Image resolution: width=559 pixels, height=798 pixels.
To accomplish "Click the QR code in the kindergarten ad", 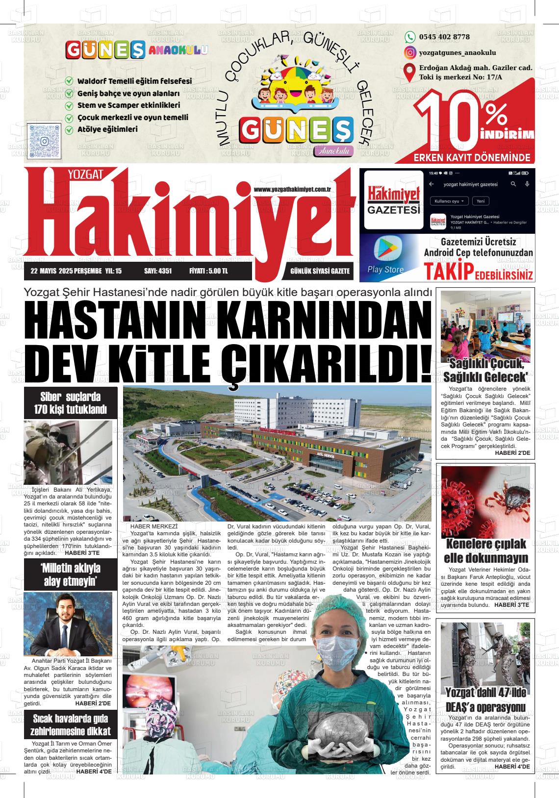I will pyautogui.click(x=45, y=140).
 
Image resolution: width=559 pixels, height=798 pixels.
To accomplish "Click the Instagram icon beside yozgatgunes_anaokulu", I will pyautogui.click(x=409, y=52).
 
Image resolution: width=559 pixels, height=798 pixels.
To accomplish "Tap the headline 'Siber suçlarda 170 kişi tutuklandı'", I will pyautogui.click(x=71, y=403).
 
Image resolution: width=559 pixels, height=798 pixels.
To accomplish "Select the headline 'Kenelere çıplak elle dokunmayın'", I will pyautogui.click(x=485, y=551).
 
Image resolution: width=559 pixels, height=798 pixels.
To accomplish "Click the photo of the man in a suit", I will pyautogui.click(x=68, y=624).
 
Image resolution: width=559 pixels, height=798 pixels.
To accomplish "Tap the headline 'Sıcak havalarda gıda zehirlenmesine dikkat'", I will pyautogui.click(x=71, y=725).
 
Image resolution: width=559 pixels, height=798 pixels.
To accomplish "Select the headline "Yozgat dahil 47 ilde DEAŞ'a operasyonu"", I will pyautogui.click(x=485, y=700).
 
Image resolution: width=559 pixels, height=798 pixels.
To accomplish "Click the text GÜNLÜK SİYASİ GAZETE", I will pyautogui.click(x=320, y=271).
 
